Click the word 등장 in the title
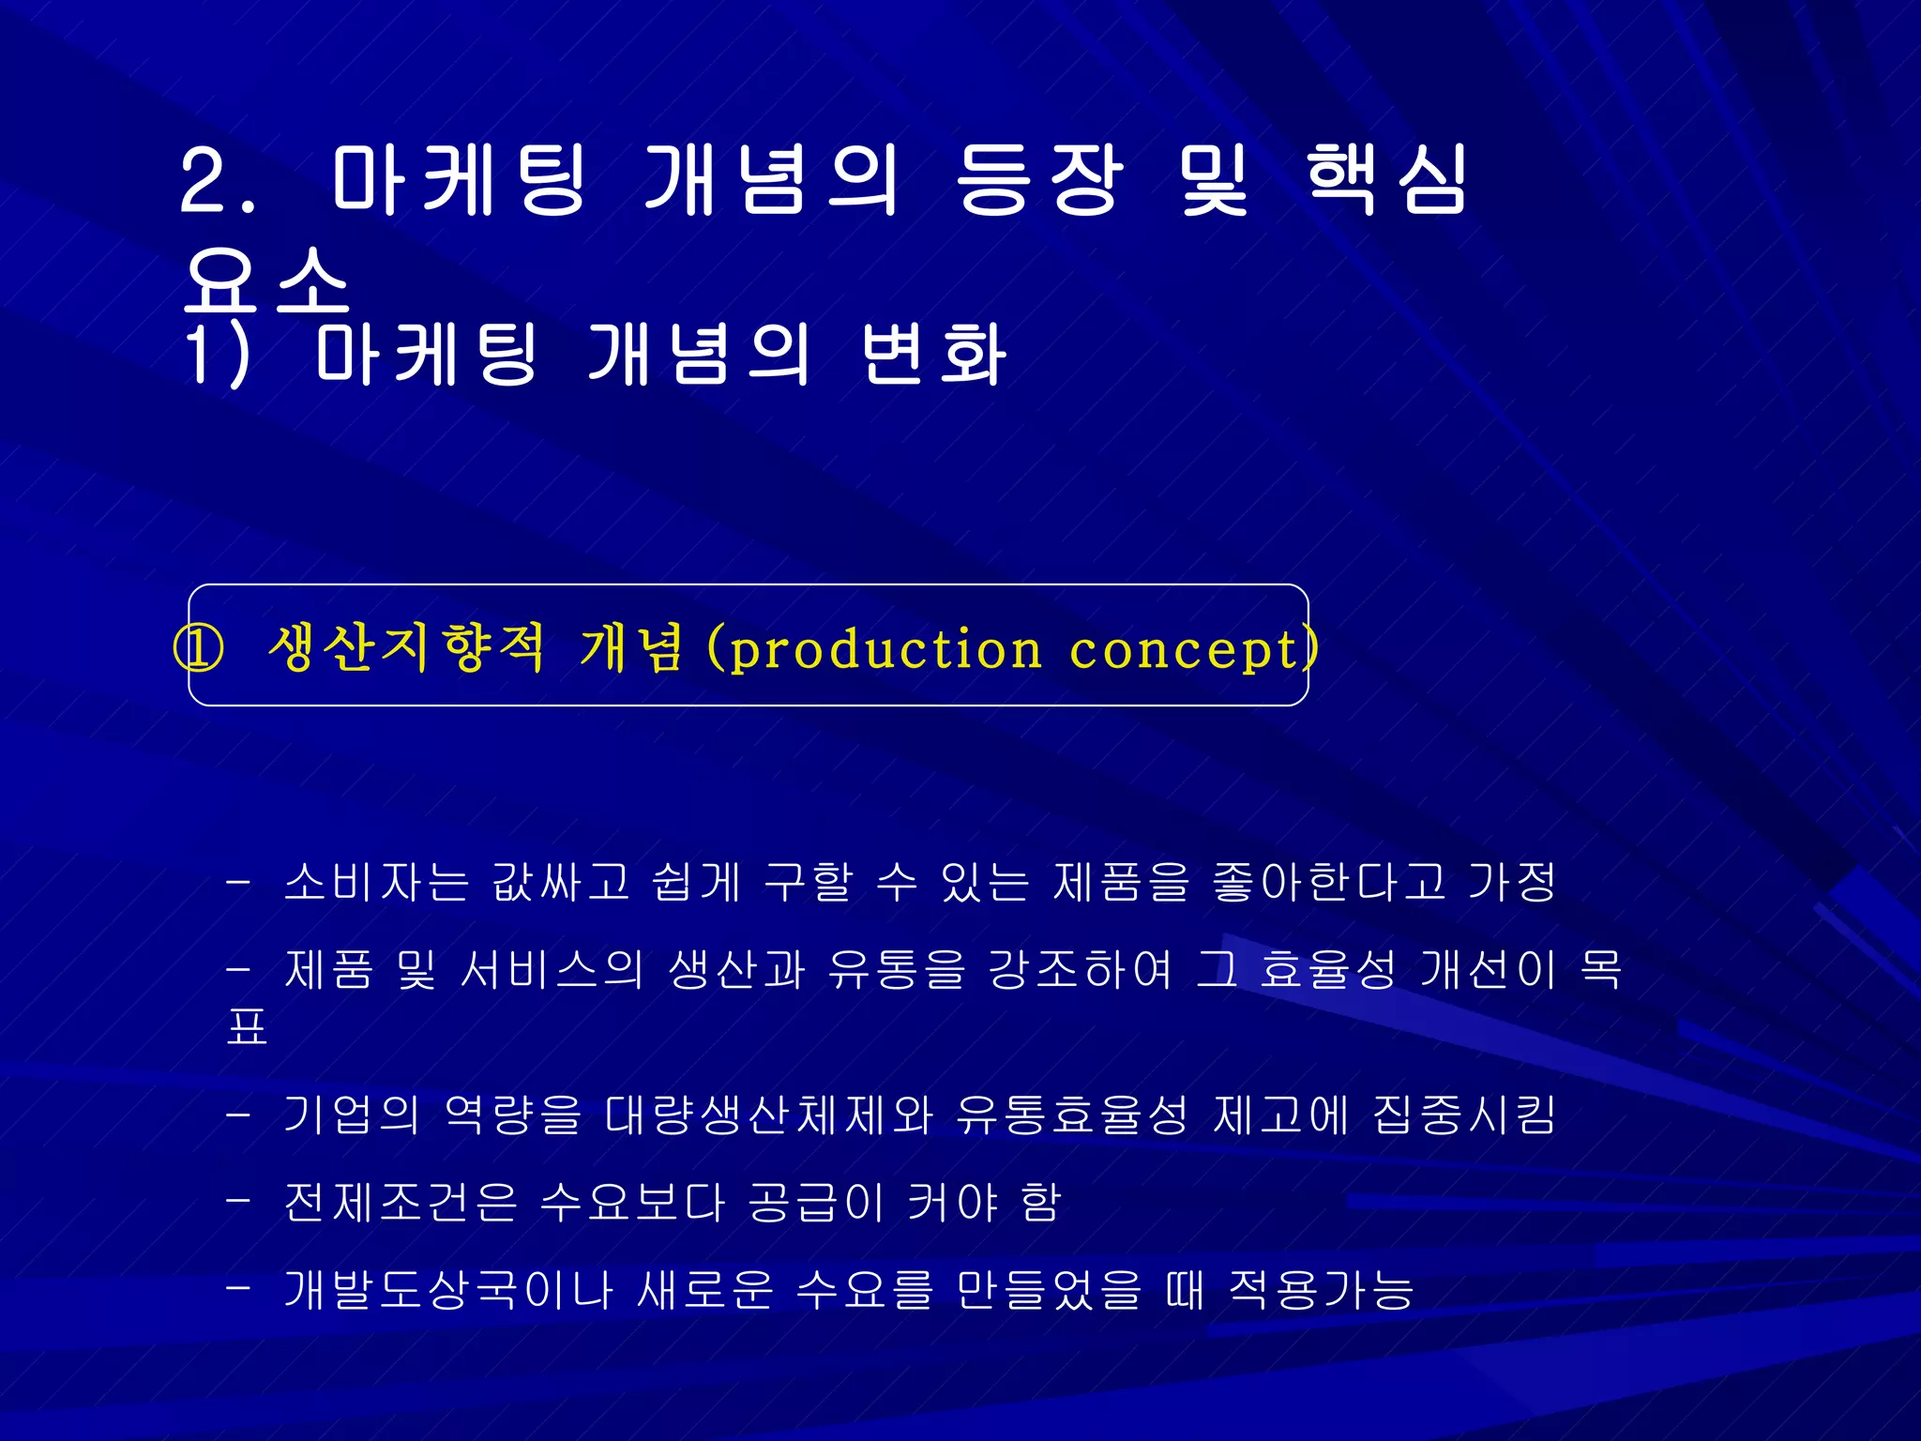coord(1039,179)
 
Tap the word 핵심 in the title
coord(1385,179)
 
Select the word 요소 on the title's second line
coord(266,281)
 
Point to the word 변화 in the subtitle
coord(933,355)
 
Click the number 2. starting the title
coord(218,181)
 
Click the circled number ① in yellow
coord(199,648)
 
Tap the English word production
coord(885,649)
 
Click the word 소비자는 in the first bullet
coord(375,882)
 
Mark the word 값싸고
coord(560,882)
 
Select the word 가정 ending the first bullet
coord(1512,882)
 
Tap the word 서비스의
coord(552,970)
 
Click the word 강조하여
coord(1080,970)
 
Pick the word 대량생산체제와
coord(768,1115)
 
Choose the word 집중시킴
coord(1464,1115)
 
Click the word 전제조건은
coord(401,1203)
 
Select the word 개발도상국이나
coord(448,1290)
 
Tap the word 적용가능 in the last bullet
coord(1322,1290)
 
